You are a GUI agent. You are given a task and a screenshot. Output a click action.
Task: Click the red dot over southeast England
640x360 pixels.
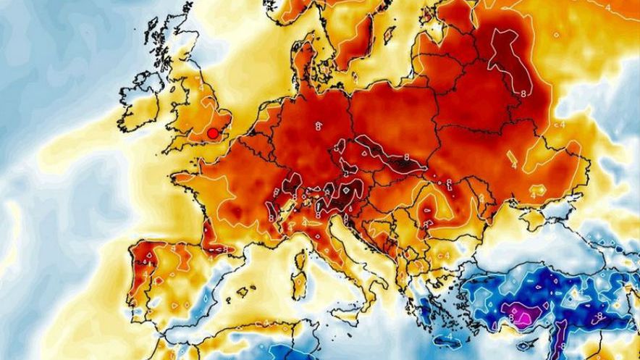[x=212, y=133]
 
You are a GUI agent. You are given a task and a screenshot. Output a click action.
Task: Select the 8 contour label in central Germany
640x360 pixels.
[x=319, y=126]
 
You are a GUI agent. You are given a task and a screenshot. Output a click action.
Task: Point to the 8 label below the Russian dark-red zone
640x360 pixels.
[x=523, y=93]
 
